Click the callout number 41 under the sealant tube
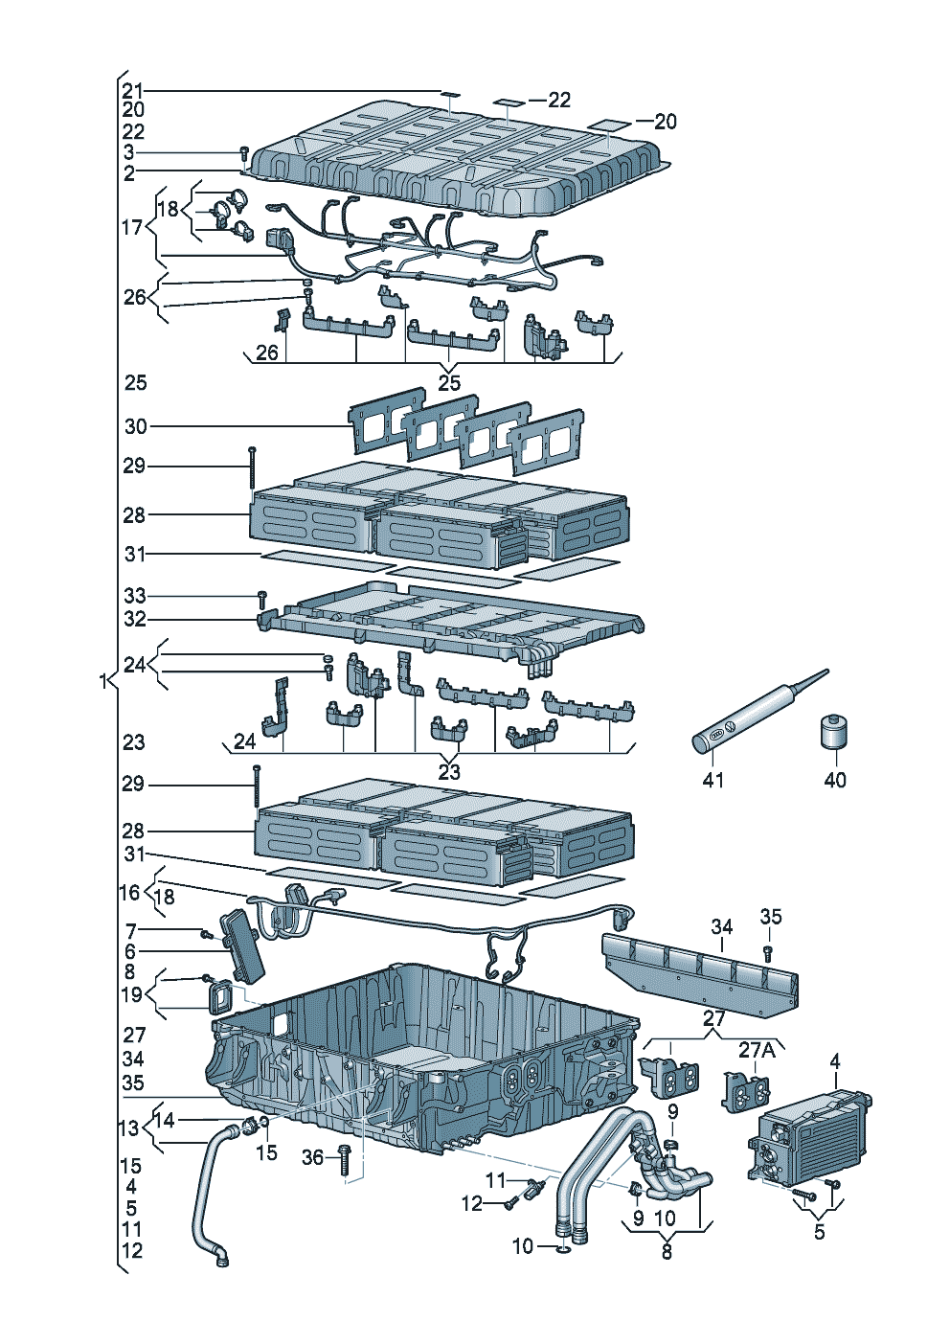coord(713,780)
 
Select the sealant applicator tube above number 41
coord(757,714)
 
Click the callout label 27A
coord(757,1050)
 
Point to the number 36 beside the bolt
coord(312,1157)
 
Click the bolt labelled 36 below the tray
coord(345,1161)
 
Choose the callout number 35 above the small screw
coord(771,917)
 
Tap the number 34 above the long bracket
coord(721,926)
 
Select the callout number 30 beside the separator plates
coord(135,426)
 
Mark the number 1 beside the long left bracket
coord(102,681)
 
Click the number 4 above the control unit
coord(835,1061)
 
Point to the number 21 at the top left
coord(132,91)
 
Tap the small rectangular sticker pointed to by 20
coord(609,125)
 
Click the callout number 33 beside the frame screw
coord(135,596)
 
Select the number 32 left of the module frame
coord(135,619)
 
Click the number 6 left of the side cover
coord(130,951)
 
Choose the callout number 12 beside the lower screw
coord(472,1203)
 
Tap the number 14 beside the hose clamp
coord(165,1120)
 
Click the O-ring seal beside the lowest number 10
coord(563,1247)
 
